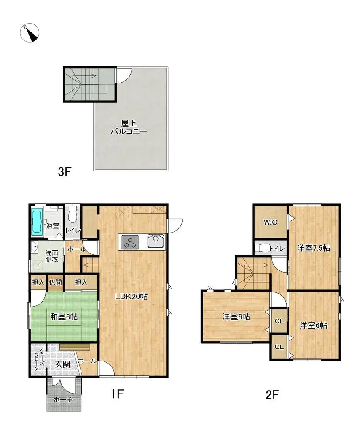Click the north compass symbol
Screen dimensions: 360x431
point(30,33)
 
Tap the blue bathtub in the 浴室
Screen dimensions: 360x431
point(38,222)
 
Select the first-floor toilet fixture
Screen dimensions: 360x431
point(73,214)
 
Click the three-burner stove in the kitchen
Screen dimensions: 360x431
point(130,242)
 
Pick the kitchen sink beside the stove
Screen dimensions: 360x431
point(156,241)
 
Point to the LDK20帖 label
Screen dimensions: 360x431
point(131,297)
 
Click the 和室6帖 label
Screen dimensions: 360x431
point(64,317)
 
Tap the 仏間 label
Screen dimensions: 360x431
point(55,282)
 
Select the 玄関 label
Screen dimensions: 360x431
point(62,364)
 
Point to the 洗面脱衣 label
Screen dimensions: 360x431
point(52,256)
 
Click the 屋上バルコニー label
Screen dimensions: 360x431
point(129,127)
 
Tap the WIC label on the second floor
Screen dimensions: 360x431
point(270,222)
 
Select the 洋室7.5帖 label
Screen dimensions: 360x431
point(313,248)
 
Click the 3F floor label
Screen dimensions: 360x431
point(64,172)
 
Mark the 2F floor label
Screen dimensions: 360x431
point(272,395)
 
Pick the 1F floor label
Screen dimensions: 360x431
point(117,394)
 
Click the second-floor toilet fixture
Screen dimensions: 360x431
point(262,248)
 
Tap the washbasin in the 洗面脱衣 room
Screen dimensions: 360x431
point(34,247)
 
